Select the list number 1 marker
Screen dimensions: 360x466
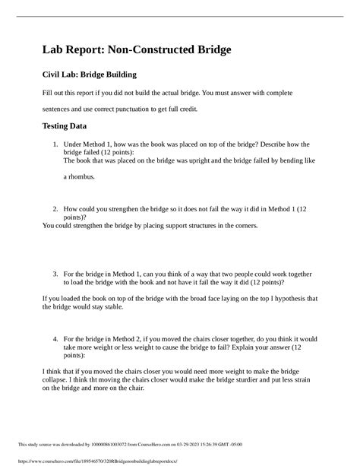coord(55,143)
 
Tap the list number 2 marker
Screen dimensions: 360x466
coord(55,208)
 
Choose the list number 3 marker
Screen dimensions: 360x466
coord(55,272)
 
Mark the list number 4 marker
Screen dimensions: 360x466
coord(55,338)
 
